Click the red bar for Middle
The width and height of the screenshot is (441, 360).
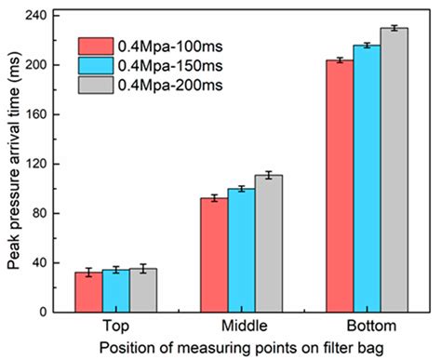214,255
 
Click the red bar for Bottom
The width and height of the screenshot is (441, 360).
340,186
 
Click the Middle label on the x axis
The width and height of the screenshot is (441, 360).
241,327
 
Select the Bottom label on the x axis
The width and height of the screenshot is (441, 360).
367,327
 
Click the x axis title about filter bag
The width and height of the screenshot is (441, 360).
241,348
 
